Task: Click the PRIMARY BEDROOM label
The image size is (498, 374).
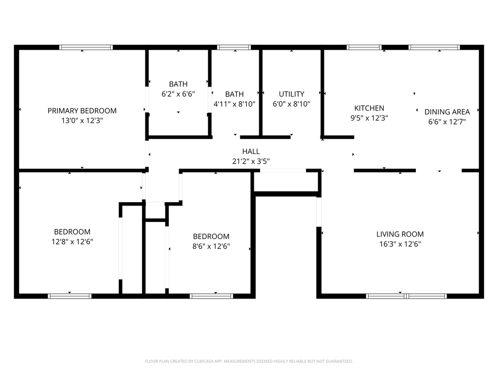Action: tap(82, 111)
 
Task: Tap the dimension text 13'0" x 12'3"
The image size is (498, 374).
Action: tap(82, 120)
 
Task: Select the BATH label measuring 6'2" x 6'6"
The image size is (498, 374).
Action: tap(178, 84)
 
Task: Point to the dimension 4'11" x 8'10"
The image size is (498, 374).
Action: tap(234, 104)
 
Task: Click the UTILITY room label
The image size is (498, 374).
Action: tap(291, 94)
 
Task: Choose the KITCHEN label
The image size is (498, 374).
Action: tap(369, 108)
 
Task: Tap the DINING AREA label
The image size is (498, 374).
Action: tap(447, 112)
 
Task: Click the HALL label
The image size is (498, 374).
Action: tap(251, 151)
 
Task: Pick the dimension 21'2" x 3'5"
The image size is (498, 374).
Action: tap(251, 161)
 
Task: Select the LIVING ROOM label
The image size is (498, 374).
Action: tap(400, 234)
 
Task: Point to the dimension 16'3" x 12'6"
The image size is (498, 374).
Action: tap(400, 244)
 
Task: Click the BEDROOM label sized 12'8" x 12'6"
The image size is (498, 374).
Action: tap(72, 232)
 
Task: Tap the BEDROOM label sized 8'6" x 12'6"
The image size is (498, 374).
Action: tap(211, 237)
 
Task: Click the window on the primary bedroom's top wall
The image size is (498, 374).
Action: tap(86, 47)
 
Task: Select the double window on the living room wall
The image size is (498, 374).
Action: tap(406, 296)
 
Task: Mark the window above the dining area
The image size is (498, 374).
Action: tap(434, 47)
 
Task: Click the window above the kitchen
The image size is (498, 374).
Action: tap(364, 47)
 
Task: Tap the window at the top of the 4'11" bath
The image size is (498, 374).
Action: tap(234, 47)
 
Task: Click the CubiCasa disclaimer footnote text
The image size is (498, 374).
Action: tap(249, 361)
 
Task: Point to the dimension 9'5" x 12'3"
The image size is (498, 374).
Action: tap(369, 118)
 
